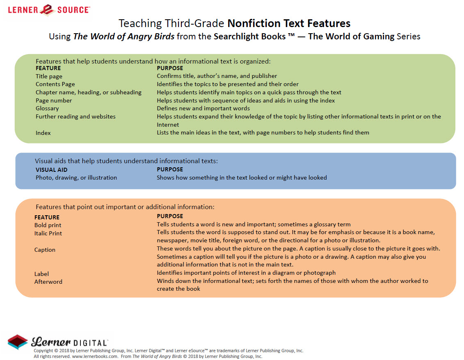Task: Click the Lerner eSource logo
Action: click(50, 9)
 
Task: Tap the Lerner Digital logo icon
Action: click(18, 342)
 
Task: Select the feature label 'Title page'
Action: click(49, 76)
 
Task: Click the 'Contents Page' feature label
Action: click(55, 84)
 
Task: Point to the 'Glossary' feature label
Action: click(47, 108)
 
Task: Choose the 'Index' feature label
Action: click(43, 133)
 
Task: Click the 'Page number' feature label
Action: click(53, 100)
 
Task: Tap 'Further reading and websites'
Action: click(75, 116)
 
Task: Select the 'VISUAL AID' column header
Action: click(51, 169)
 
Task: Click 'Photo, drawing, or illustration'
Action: click(76, 178)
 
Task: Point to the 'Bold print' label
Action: click(48, 225)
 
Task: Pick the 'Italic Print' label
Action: click(48, 233)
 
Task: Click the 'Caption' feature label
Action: click(45, 250)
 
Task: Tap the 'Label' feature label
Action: click(41, 274)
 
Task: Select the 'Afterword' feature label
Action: click(48, 282)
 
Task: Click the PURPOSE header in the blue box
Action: click(170, 169)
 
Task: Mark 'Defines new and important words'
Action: click(203, 108)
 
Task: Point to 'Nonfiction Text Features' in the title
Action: click(289, 23)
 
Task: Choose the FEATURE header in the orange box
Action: click(47, 217)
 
